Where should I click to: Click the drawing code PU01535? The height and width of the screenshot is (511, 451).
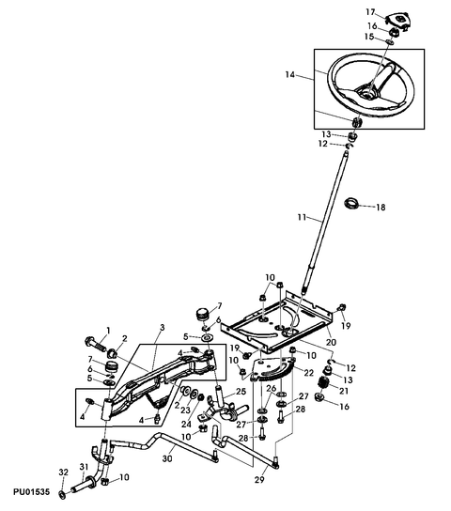(32, 491)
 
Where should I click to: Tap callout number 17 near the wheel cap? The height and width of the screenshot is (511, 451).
(370, 12)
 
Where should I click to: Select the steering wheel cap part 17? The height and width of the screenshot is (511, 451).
(397, 22)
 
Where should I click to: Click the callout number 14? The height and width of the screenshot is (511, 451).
(289, 74)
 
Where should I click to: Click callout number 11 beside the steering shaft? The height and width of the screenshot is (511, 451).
(303, 217)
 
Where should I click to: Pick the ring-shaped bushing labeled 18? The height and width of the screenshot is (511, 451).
(351, 204)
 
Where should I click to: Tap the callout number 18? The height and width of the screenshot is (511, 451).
(381, 208)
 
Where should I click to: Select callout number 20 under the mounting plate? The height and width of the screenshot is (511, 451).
(331, 342)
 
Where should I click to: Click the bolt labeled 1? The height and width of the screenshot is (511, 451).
(95, 344)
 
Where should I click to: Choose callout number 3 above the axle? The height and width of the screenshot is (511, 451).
(163, 327)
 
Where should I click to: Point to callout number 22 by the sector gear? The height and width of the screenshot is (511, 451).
(308, 373)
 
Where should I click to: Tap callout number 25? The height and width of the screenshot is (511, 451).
(241, 392)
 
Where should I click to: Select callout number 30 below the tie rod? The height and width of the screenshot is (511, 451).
(167, 458)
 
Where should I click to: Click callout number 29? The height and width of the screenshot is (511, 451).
(259, 480)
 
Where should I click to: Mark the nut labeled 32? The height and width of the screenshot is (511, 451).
(62, 494)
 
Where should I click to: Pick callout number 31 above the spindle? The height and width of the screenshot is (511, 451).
(84, 467)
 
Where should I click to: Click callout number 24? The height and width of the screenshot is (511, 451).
(186, 425)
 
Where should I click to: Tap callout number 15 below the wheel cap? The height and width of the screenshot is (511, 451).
(369, 37)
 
